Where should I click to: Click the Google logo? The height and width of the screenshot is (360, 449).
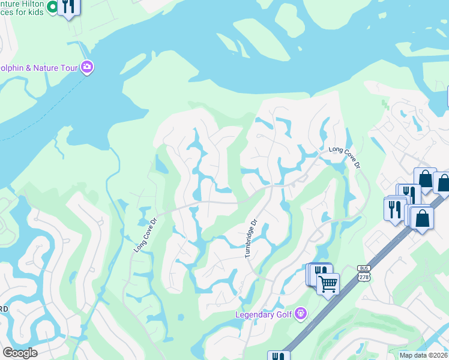[x=20, y=353]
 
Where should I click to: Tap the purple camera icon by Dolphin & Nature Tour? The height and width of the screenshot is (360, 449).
[x=88, y=67]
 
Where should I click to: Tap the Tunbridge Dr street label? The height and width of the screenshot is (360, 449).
[x=250, y=239]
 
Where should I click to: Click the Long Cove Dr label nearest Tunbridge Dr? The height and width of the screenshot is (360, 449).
[x=145, y=234]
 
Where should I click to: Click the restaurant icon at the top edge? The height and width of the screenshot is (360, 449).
[x=69, y=7]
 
